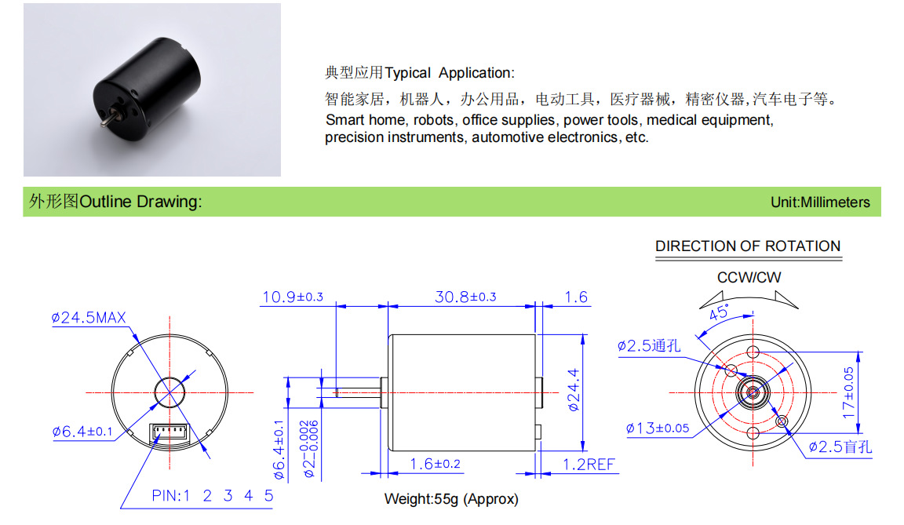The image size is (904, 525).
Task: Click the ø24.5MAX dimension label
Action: click(88, 318)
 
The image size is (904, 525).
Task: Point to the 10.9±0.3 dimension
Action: click(292, 297)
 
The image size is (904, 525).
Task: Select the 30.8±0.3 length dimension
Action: click(465, 297)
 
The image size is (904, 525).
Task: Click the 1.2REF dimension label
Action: click(589, 465)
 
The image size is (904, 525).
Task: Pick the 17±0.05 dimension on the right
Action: click(848, 392)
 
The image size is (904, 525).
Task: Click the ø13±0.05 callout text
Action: click(658, 428)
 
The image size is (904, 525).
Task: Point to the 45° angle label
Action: click(719, 312)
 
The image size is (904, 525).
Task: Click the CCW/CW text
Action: click(749, 277)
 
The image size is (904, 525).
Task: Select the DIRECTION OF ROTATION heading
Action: click(748, 246)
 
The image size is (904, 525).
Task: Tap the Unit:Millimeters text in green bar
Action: click(820, 202)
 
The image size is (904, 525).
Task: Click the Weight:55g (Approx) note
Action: click(451, 499)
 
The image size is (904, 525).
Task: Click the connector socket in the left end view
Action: click(169, 433)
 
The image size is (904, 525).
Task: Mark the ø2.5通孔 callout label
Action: click(649, 346)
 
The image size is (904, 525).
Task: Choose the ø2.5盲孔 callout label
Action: click(840, 447)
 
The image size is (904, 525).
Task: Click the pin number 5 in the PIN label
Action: click(268, 496)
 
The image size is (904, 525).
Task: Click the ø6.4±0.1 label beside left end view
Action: click(82, 432)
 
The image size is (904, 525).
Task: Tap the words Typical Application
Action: click(449, 73)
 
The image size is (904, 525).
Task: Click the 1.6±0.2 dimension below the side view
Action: click(435, 464)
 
